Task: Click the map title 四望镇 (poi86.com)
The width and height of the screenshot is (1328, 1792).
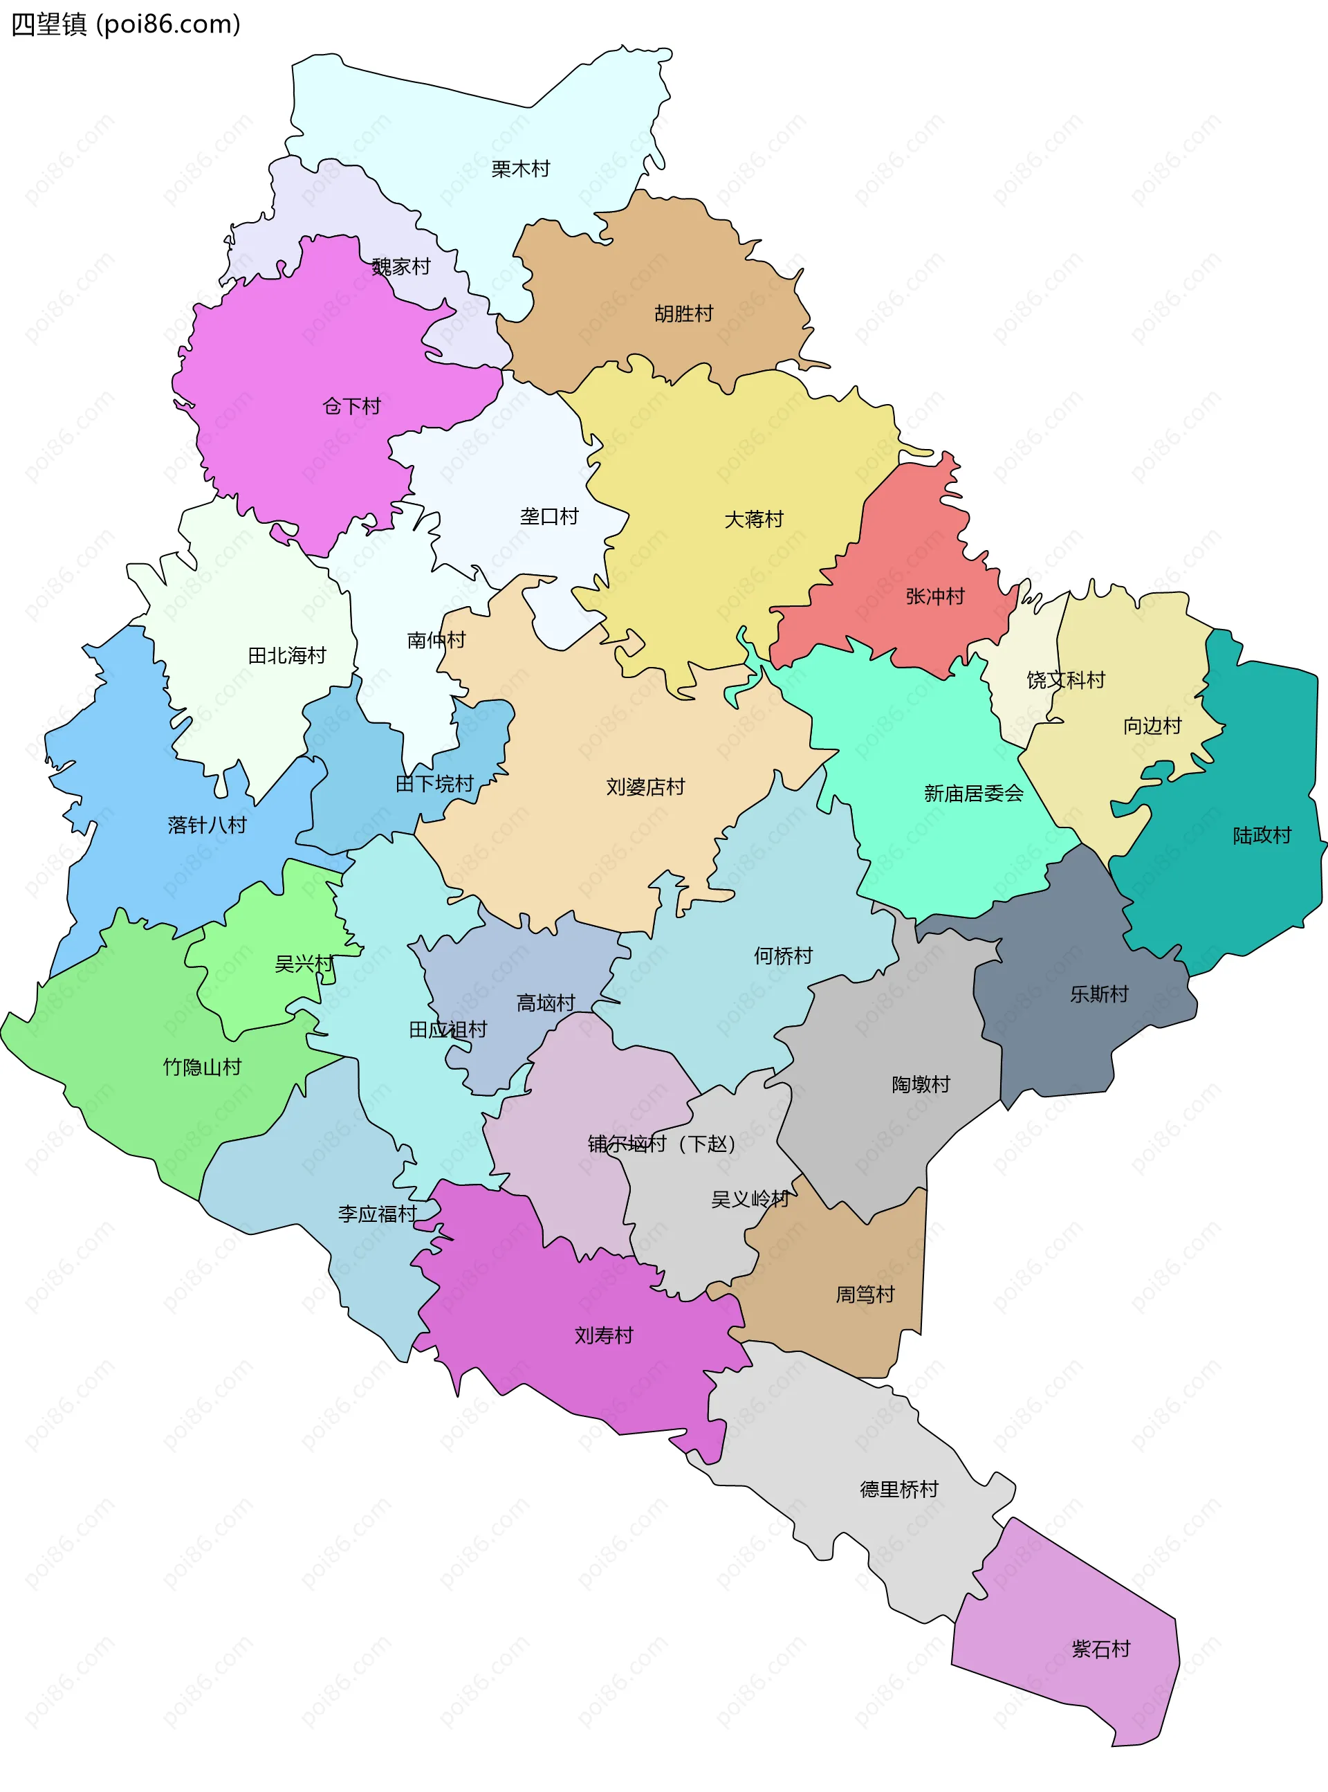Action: click(125, 25)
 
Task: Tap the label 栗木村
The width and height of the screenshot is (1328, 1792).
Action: click(520, 169)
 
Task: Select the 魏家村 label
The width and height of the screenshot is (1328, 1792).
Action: click(401, 266)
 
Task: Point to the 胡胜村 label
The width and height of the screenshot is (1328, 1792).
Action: click(683, 313)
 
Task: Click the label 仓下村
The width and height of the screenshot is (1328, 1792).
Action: click(351, 406)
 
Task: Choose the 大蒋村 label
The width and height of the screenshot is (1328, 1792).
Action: click(753, 520)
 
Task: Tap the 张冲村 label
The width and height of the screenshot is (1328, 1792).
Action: click(934, 596)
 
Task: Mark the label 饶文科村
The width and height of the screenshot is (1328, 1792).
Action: click(1065, 680)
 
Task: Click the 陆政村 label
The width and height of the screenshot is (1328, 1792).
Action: click(1262, 835)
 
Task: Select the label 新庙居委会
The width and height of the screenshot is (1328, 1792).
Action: click(972, 794)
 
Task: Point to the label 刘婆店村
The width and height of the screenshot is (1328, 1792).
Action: click(645, 786)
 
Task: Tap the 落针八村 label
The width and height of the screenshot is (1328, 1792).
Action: click(207, 825)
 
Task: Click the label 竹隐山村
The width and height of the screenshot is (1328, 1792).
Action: click(202, 1067)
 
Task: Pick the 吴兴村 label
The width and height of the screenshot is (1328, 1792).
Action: click(304, 963)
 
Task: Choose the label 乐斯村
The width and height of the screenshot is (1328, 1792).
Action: click(1098, 994)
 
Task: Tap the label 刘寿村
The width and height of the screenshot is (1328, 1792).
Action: click(604, 1335)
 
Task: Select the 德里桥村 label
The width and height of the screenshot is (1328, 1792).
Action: click(898, 1489)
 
